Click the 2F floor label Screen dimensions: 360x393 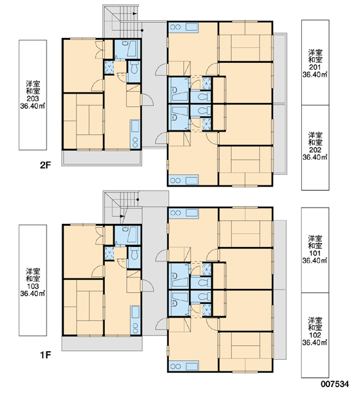pos(45,165)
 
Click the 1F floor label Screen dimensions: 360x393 pos(45,354)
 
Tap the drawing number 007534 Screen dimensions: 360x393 pos(334,384)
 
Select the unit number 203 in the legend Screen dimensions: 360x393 pos(33,98)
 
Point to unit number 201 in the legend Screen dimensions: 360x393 pos(315,67)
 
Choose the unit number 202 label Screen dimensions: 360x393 pos(315,149)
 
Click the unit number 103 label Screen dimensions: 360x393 pos(33,286)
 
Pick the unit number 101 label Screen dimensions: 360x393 pos(315,253)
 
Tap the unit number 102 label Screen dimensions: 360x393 pos(315,335)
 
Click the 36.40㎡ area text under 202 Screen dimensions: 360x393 pos(315,157)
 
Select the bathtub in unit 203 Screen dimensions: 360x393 pos(132,48)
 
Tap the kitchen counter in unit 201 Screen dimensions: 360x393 pos(184,27)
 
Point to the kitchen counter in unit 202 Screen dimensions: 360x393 pos(184,180)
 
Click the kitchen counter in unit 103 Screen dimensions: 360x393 pos(135,320)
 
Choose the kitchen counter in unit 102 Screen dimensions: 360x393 pos(184,365)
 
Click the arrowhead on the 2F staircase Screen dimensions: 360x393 pos(135,14)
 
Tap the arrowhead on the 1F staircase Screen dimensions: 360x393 pos(122,216)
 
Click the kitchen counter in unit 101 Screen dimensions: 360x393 pos(184,213)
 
